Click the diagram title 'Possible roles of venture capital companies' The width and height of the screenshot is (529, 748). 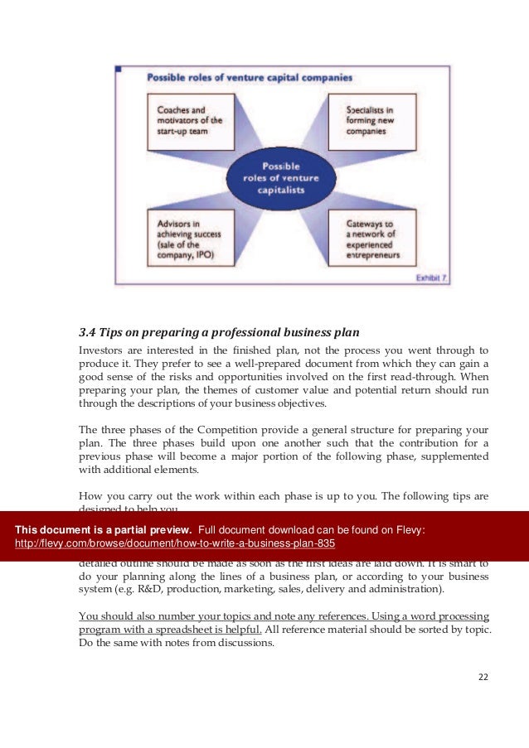point(250,78)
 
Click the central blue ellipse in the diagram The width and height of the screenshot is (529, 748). point(281,176)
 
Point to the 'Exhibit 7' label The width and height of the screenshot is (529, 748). point(432,279)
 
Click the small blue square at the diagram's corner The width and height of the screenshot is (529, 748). point(119,70)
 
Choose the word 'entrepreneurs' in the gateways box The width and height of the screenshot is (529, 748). point(371,256)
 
